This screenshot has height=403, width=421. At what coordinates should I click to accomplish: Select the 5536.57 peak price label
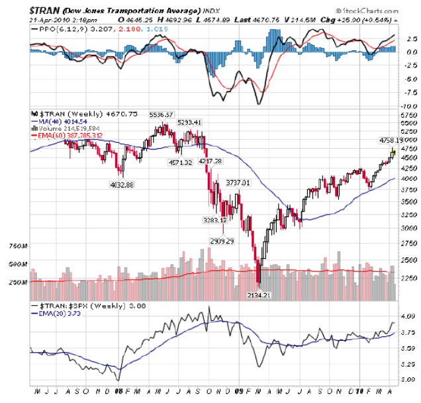(x=161, y=115)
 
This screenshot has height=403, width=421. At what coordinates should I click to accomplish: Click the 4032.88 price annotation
(x=121, y=185)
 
